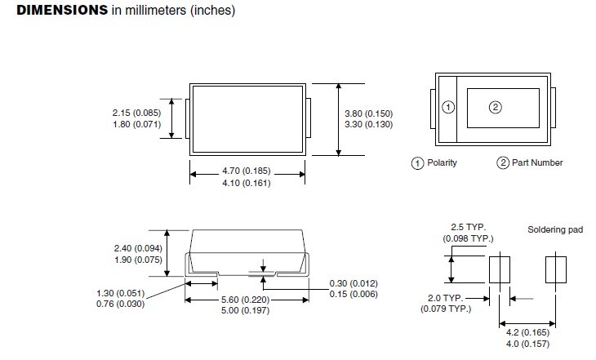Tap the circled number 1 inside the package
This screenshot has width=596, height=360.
[x=447, y=108]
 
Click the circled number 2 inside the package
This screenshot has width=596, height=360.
[x=495, y=107]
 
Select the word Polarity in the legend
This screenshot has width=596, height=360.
[x=442, y=162]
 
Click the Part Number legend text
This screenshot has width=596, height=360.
[x=536, y=162]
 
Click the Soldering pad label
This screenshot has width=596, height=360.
[x=555, y=230]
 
